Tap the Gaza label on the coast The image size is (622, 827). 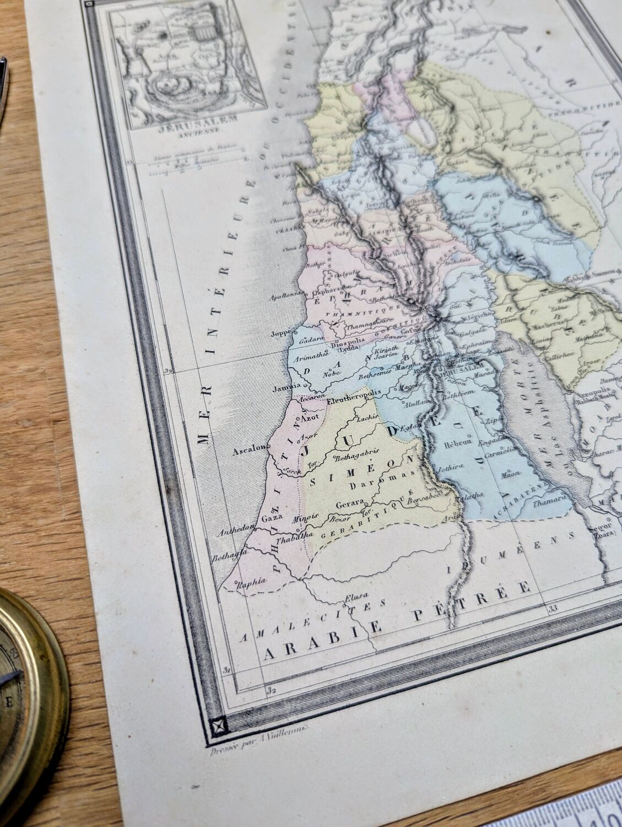point(272,518)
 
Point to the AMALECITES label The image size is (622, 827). point(311,620)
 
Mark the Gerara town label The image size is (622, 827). point(350,503)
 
